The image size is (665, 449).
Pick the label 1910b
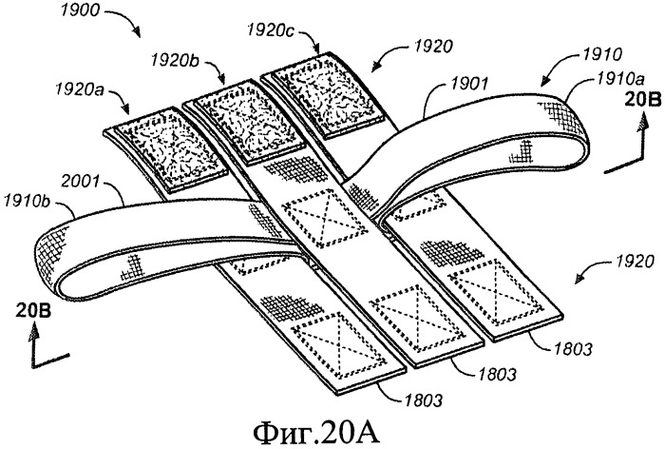[28, 201]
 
